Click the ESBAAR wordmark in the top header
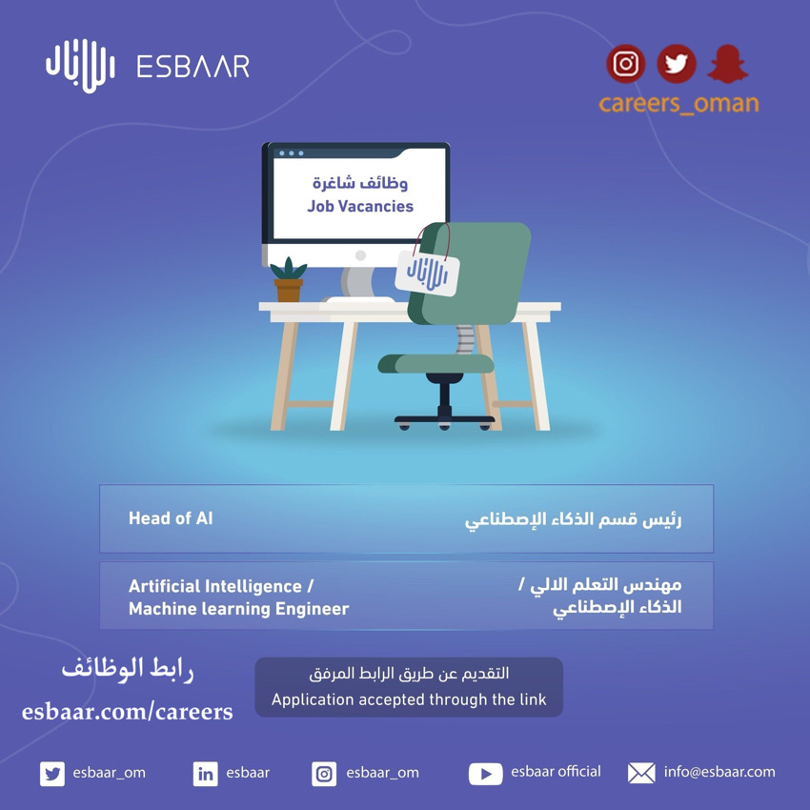point(192,67)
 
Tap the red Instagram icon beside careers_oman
point(625,64)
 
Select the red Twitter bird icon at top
point(677,64)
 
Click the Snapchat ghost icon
point(728,64)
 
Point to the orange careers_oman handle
point(678,103)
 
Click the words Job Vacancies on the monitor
point(360,206)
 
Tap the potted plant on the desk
point(288,279)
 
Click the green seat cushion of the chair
point(436,363)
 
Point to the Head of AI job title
point(171,518)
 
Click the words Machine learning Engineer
point(238,609)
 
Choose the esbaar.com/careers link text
point(127,711)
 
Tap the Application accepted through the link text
point(409,699)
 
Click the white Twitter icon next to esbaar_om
point(52,774)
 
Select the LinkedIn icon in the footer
point(205,774)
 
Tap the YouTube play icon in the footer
point(485,774)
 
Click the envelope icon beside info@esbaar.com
point(641,773)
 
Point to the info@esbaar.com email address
point(719,772)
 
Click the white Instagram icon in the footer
point(324,774)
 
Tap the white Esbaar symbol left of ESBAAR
point(79,66)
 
